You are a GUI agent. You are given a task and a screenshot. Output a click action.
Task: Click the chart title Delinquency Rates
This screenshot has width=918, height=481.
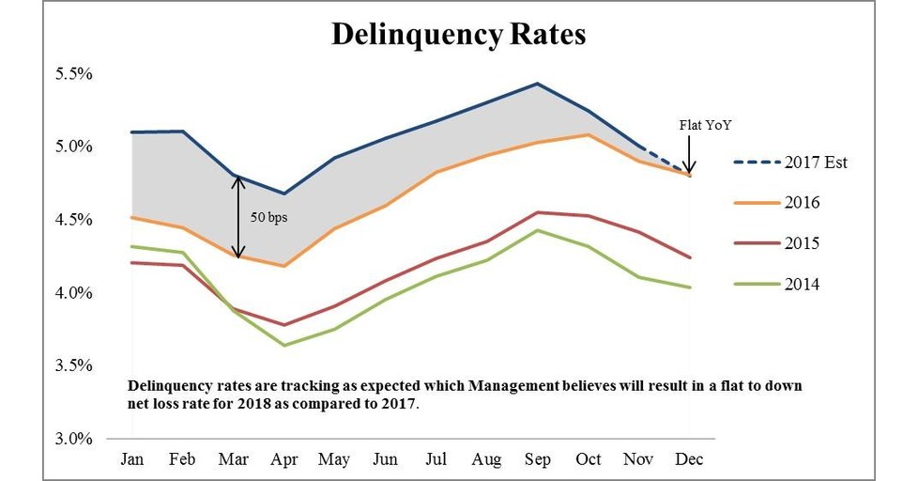[458, 35]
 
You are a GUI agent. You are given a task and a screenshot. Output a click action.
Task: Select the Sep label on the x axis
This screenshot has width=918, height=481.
[536, 459]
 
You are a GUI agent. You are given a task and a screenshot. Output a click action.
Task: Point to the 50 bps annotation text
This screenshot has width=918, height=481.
[269, 216]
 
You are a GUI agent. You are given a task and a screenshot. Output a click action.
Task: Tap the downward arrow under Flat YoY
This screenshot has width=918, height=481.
[688, 155]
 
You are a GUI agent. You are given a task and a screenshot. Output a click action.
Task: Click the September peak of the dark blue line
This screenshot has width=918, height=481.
[536, 84]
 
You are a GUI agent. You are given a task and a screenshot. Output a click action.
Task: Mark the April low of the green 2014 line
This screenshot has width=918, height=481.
[283, 346]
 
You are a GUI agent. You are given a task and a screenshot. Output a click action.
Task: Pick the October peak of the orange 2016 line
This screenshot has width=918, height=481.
[587, 134]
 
